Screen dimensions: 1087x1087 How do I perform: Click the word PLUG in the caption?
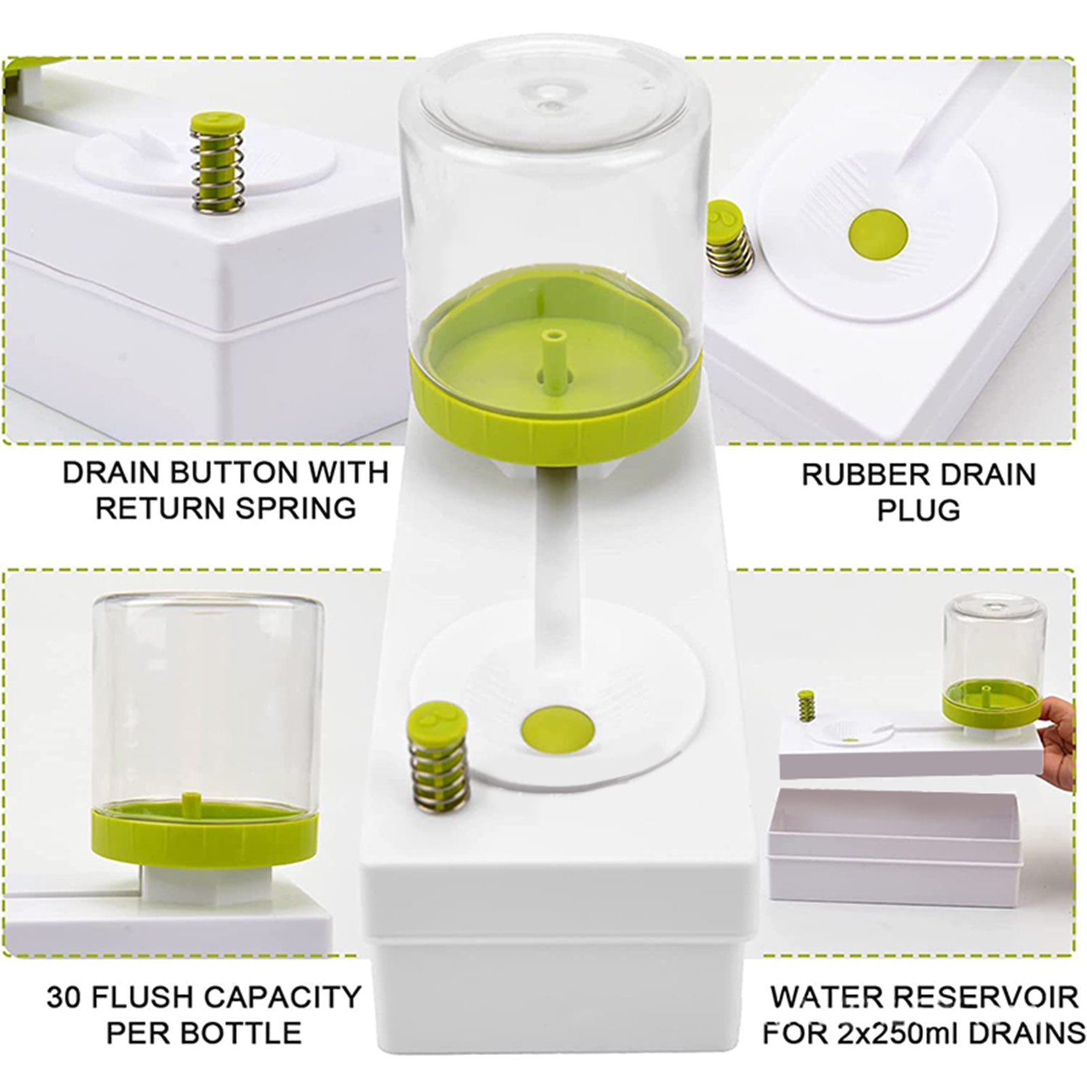(x=919, y=510)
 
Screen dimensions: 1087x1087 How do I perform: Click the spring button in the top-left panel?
(x=217, y=162)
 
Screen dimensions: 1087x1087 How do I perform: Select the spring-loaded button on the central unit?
(x=438, y=756)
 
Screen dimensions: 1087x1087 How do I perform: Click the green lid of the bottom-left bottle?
(x=204, y=833)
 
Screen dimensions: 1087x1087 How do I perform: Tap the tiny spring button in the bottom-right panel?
(x=806, y=707)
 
